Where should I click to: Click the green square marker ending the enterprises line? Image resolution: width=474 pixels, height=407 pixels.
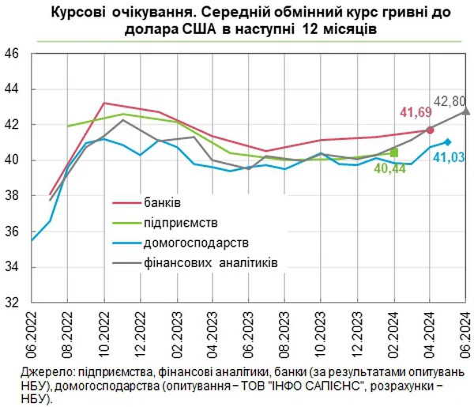394,151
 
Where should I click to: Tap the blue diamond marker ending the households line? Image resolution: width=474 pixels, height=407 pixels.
448,141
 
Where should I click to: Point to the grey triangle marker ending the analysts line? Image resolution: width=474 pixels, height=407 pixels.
465,111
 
